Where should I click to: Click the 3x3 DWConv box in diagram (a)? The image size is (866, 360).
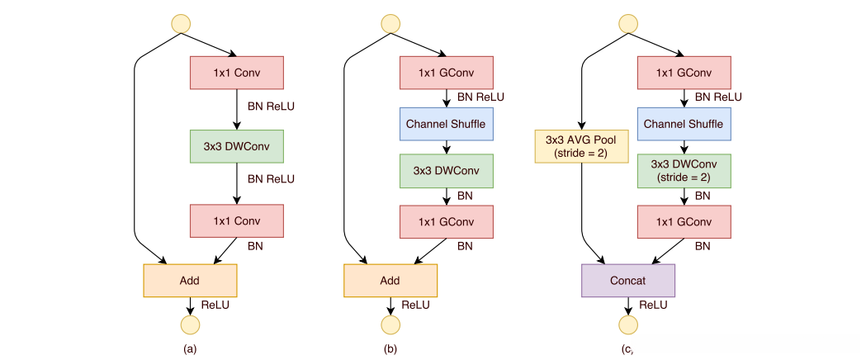(x=237, y=147)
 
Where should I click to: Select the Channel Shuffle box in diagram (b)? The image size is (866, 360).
(x=447, y=124)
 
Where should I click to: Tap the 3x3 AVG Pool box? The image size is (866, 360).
(x=582, y=146)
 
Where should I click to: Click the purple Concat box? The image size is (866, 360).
(x=628, y=281)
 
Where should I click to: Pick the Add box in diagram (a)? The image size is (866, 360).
(x=190, y=281)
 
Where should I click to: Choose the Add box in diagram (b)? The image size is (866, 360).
(x=390, y=281)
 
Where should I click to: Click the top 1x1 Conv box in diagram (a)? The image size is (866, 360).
(x=237, y=73)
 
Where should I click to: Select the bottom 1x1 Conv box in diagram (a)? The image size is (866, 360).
(x=237, y=221)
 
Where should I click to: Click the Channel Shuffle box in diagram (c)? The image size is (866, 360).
(x=684, y=124)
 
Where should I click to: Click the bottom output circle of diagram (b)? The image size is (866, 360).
(x=390, y=324)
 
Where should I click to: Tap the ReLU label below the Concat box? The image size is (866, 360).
(x=654, y=305)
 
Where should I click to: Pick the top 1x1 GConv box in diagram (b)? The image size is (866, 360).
(x=447, y=73)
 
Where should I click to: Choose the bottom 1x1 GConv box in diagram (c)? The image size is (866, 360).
(x=684, y=221)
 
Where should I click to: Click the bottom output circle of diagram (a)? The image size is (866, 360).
(x=190, y=324)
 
